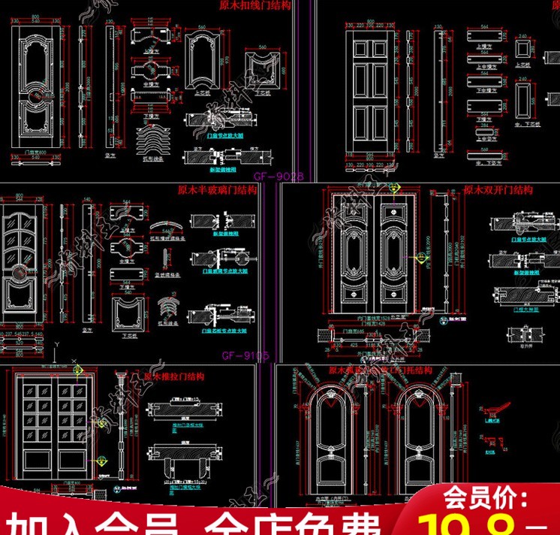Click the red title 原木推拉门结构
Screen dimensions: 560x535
click(173, 376)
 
